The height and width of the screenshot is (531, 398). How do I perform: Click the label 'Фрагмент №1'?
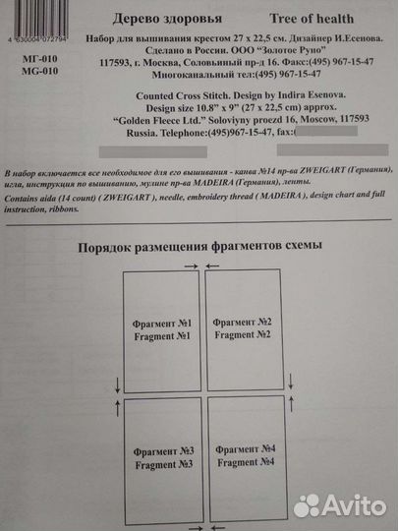point(161,324)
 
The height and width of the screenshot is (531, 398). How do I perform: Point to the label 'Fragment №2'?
point(243,335)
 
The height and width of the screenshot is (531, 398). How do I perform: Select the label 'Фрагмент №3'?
point(162,451)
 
